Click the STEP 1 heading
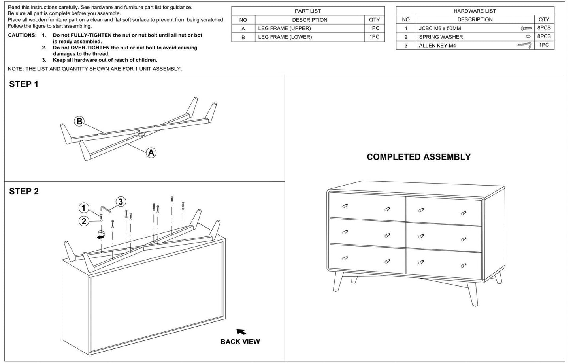pyautogui.click(x=24, y=84)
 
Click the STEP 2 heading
pyautogui.click(x=24, y=192)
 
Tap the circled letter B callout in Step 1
pyautogui.click(x=79, y=121)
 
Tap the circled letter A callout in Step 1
pyautogui.click(x=151, y=152)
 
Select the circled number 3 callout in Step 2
pyautogui.click(x=120, y=201)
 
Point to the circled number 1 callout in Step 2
pyautogui.click(x=83, y=208)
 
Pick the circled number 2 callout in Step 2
pyautogui.click(x=83, y=221)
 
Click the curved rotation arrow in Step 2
pyautogui.click(x=102, y=235)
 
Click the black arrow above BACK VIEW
pyautogui.click(x=241, y=332)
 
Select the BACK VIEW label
pyautogui.click(x=240, y=342)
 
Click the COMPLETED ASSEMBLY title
pyautogui.click(x=418, y=157)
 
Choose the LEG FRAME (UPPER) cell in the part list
pyautogui.click(x=284, y=29)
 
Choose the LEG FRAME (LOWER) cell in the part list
pyautogui.click(x=285, y=37)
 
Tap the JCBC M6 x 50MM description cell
pyautogui.click(x=440, y=29)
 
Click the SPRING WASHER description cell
pyautogui.click(x=441, y=37)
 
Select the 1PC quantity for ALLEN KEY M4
pyautogui.click(x=544, y=45)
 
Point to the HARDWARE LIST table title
pyautogui.click(x=475, y=11)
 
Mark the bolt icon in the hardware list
pyautogui.click(x=526, y=29)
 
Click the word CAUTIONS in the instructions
pyautogui.click(x=22, y=35)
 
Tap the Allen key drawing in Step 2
pyautogui.click(x=105, y=209)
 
